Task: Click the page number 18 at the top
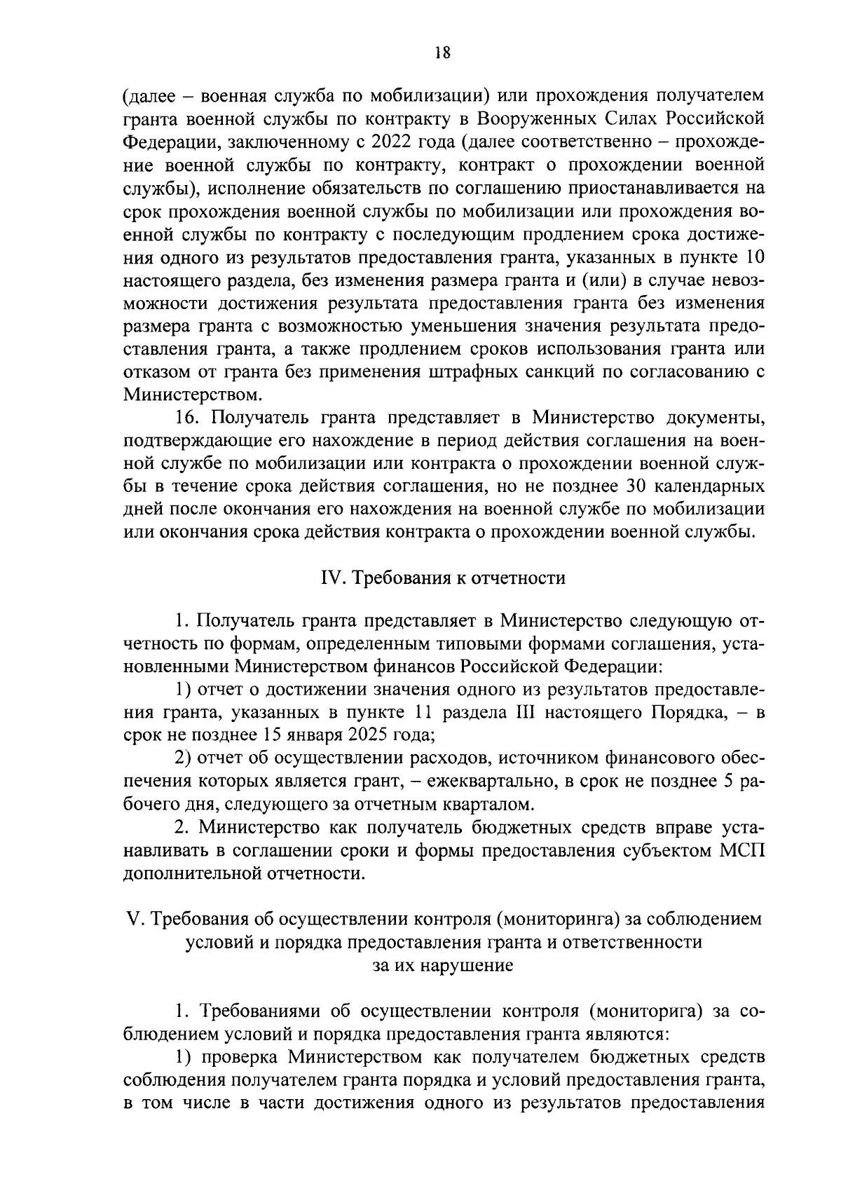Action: tap(441, 53)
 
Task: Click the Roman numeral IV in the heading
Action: tap(329, 578)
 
